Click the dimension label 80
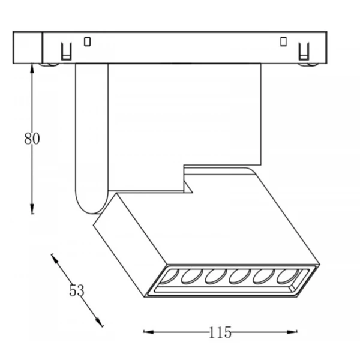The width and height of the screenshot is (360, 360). (32, 139)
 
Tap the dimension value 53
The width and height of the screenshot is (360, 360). (77, 290)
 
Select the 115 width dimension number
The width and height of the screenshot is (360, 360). (220, 332)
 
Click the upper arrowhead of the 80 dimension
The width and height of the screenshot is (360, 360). (32, 68)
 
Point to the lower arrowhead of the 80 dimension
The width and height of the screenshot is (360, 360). (32, 209)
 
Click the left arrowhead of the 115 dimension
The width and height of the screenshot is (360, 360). (149, 332)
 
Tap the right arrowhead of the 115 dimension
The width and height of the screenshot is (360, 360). (292, 332)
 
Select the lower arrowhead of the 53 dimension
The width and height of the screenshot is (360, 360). (100, 322)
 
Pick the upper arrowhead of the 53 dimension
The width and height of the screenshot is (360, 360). (55, 259)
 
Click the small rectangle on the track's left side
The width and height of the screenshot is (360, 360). (87, 42)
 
